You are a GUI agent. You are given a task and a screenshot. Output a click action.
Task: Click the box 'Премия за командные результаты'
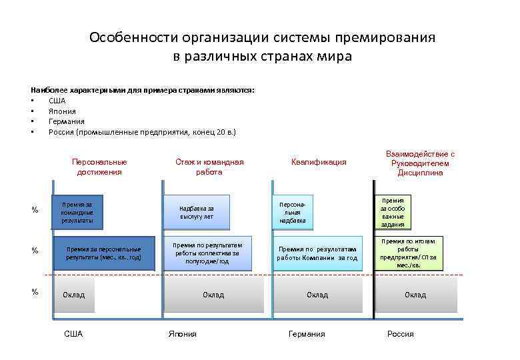77,211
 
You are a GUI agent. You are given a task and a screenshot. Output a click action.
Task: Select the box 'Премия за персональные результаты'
103,253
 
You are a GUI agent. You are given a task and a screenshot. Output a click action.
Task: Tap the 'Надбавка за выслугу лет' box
197,213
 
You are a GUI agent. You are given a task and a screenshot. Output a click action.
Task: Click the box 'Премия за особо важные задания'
393,213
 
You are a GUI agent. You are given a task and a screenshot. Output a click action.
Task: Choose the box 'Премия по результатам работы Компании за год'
317,253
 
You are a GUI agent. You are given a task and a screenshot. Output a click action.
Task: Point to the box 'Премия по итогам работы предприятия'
409,253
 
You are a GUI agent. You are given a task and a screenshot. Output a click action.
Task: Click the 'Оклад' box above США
74,295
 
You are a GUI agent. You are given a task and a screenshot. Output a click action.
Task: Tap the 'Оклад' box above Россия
415,295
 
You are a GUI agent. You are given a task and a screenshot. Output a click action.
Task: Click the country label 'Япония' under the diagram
183,334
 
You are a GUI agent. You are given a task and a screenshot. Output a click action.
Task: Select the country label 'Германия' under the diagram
307,334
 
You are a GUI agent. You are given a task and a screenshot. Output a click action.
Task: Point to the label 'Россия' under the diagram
400,334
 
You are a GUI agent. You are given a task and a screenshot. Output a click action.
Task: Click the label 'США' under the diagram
74,334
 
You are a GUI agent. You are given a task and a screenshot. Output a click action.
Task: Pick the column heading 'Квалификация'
319,162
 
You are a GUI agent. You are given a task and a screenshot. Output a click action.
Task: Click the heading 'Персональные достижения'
99,167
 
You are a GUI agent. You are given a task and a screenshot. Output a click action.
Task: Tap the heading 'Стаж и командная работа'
209,167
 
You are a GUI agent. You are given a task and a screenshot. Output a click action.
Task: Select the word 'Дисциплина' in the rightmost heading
420,173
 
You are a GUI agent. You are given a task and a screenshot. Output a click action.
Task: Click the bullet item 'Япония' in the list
62,111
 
